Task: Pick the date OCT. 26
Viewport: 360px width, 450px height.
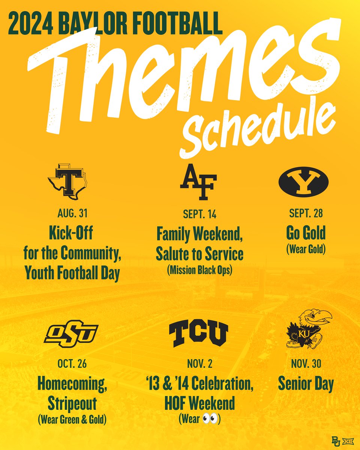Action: [72, 364]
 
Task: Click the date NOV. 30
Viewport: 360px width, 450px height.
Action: [306, 364]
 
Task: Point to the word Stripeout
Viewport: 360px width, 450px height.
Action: [72, 403]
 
